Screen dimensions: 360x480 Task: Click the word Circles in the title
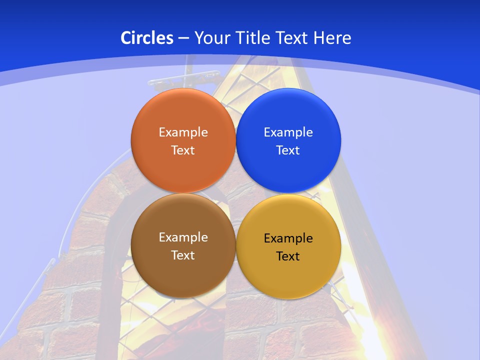click(x=147, y=38)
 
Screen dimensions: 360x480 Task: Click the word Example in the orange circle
click(x=183, y=132)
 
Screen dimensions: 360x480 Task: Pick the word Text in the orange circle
click(x=183, y=150)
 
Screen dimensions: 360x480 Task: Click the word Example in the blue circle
click(x=288, y=132)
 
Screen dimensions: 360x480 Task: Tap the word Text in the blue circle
click(x=288, y=150)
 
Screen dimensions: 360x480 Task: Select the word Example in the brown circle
click(x=183, y=237)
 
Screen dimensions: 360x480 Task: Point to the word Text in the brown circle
click(x=183, y=255)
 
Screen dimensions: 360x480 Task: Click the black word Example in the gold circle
click(x=288, y=238)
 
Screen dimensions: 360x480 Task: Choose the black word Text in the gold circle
click(x=288, y=256)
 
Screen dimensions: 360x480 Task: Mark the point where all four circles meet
click(x=236, y=193)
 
